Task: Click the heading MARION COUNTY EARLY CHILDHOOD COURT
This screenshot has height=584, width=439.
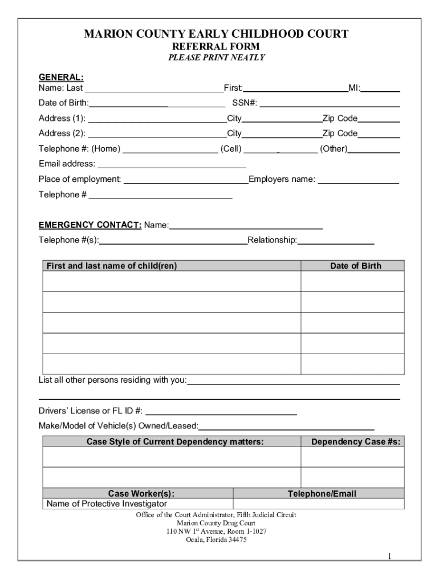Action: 216,34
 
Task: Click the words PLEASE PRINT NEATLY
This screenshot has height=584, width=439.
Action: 216,58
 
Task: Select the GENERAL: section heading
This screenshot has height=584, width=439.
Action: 61,77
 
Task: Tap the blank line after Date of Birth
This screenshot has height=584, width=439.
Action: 157,104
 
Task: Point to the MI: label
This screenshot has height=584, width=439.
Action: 354,88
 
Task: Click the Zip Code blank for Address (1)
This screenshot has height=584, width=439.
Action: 379,119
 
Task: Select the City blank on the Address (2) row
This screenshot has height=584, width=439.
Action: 282,135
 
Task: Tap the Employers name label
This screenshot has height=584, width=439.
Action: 282,179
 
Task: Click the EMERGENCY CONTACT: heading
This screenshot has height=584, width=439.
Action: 90,225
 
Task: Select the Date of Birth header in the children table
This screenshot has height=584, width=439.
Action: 355,266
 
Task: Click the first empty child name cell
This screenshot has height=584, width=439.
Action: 171,281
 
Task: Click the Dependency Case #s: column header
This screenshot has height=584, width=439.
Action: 355,441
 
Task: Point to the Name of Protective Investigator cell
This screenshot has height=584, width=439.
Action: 107,504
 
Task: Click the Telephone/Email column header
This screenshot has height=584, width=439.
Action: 322,493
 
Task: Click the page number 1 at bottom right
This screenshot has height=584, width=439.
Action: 389,556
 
